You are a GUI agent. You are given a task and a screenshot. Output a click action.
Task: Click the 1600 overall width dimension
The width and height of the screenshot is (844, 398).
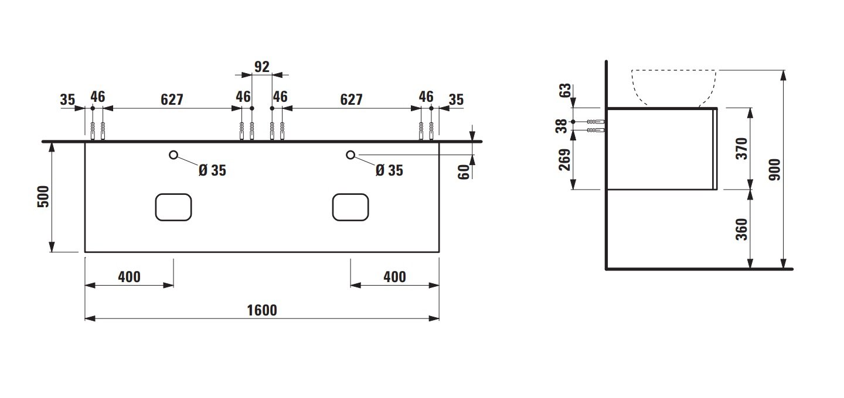coord(261,310)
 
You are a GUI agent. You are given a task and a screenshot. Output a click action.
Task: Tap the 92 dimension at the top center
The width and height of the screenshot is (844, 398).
coord(262,67)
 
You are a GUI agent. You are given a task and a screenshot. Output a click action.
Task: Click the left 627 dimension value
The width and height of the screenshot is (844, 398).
coord(172,99)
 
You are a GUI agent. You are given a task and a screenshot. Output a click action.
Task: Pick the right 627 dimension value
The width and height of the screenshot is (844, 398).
coord(351,99)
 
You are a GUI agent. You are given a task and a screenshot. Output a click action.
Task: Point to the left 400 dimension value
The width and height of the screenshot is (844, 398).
coord(129,277)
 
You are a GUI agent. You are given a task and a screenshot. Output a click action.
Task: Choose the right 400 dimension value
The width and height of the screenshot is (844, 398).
coord(394,277)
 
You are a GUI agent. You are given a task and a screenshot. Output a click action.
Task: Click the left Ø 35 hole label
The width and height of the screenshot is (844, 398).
coord(212,170)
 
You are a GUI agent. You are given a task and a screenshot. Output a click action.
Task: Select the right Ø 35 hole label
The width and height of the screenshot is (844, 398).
coord(389,170)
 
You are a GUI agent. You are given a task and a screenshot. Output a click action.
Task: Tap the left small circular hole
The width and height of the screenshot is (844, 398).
coord(173,155)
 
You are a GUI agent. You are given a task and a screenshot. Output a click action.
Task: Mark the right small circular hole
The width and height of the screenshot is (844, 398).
coord(350,155)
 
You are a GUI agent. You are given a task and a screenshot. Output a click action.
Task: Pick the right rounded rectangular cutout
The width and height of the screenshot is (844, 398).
coord(350,207)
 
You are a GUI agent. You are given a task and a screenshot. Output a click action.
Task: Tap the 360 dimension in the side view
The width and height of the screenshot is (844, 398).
coord(741,229)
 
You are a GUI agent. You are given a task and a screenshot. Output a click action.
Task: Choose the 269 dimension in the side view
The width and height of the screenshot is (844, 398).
coord(564,160)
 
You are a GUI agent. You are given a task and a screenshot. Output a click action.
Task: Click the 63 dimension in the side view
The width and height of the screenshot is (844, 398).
coord(564,91)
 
